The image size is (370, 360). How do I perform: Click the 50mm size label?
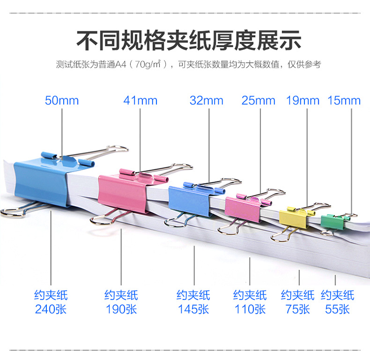(x=62, y=101)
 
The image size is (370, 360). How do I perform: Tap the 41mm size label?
(x=140, y=101)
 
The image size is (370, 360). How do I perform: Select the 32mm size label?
(x=206, y=101)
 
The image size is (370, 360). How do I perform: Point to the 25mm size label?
(x=259, y=101)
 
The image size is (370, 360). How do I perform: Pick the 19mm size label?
(x=303, y=101)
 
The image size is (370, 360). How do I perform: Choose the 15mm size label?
(x=344, y=101)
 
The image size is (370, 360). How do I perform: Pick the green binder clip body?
(x=332, y=221)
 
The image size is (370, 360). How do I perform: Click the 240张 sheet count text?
(x=51, y=309)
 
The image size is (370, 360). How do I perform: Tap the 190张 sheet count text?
(x=121, y=309)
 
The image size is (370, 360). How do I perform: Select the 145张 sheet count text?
(x=193, y=309)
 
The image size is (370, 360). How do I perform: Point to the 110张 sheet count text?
(x=250, y=309)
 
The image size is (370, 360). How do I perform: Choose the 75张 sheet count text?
(x=297, y=309)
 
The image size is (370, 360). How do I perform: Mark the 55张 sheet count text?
(x=337, y=309)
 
